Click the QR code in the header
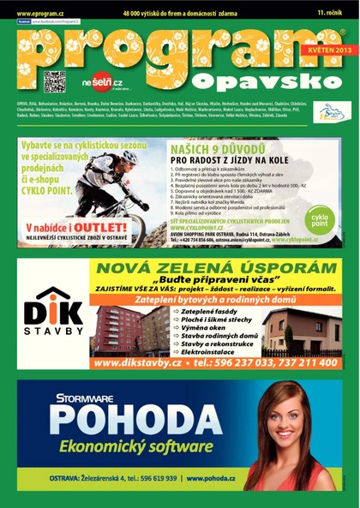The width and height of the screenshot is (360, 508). click(x=55, y=81)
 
